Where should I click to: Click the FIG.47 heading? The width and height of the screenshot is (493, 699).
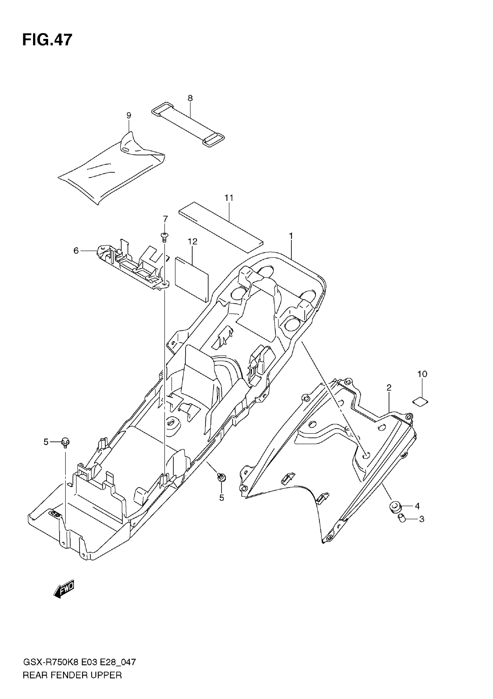pos(48,40)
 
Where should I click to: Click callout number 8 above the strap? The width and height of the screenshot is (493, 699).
pos(190,98)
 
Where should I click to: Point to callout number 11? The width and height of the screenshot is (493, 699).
pos(229,198)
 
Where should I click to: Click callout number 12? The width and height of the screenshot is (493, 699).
pos(193,242)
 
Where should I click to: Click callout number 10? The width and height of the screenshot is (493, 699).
pos(422,374)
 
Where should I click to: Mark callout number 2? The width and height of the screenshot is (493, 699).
pos(389,388)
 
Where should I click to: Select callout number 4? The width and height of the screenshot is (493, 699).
pos(417,506)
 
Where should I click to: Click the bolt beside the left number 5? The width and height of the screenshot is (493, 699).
pos(65,442)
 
